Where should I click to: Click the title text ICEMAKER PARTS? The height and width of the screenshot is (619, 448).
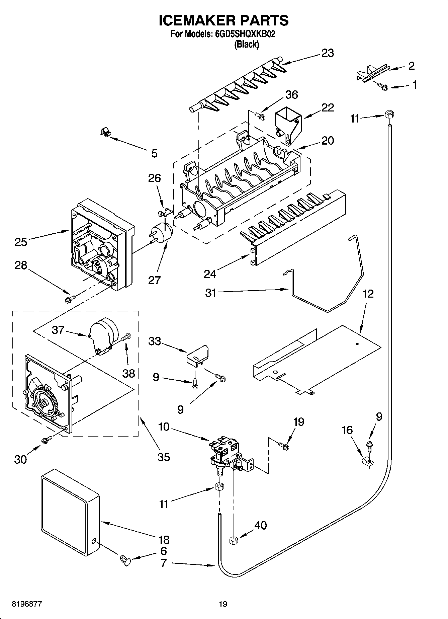[223, 20]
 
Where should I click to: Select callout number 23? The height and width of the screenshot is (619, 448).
[327, 53]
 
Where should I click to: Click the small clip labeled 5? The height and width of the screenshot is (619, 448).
[106, 132]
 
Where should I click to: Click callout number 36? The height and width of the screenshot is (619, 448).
[291, 95]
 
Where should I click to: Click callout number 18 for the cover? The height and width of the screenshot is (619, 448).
[164, 539]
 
